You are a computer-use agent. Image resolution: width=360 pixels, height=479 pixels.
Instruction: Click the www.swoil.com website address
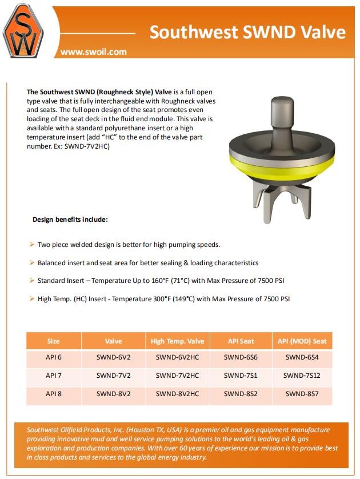coord(94,51)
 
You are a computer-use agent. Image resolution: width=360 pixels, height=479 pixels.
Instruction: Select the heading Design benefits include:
coord(70,219)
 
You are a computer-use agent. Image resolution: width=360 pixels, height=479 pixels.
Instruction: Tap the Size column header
coord(53,341)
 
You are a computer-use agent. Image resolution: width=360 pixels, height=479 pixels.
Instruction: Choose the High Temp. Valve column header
coord(177,341)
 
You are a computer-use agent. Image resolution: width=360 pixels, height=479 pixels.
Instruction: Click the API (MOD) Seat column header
coord(302,341)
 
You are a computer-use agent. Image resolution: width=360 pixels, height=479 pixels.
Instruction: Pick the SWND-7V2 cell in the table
coord(113,376)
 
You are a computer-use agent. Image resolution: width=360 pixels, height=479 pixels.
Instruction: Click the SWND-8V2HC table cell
coord(177,393)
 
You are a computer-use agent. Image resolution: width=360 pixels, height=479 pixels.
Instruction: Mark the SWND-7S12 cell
coord(302,376)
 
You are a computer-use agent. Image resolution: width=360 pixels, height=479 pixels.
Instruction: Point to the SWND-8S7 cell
coord(302,393)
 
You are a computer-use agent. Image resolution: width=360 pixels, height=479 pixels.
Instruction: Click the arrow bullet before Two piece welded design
coord(32,245)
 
